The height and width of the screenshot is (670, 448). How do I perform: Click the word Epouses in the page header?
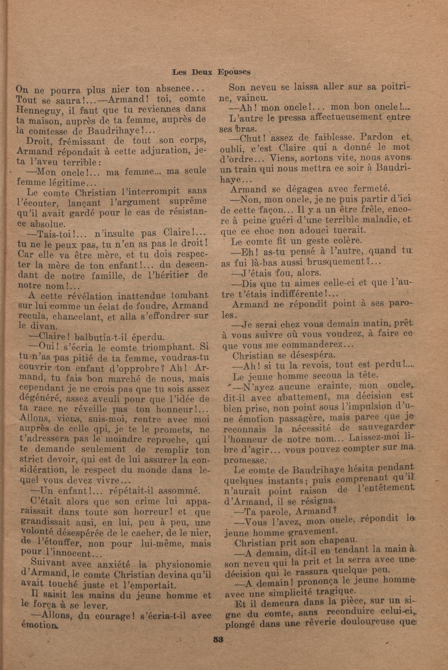[x=234, y=72]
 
